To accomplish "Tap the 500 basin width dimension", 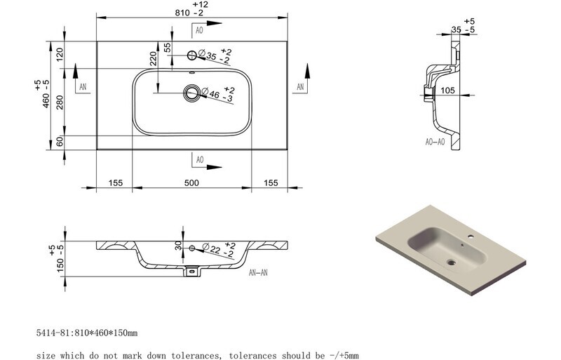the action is pos(191,183).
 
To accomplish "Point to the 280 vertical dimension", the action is pos(60,102).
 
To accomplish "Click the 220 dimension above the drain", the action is pos(153,59).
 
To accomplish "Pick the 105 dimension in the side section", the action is pos(447,91).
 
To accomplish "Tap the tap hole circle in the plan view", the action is pos(191,55).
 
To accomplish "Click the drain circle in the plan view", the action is pos(191,93).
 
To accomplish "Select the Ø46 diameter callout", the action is pos(217,95).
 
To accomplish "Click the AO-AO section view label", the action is pos(435,142).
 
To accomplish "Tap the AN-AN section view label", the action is pos(258,272).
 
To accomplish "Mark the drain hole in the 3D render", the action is pos(451,263).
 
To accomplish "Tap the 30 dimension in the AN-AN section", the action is pos(178,246).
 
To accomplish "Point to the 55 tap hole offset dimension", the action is pos(168,47).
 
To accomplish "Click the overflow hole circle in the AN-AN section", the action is pos(191,248).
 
